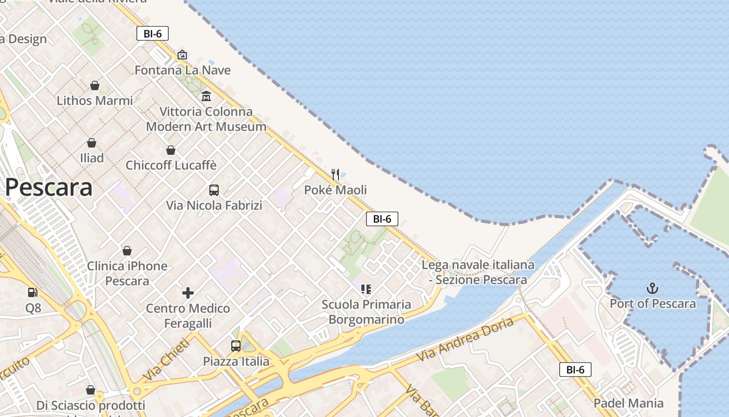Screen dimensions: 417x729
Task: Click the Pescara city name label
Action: (48, 188)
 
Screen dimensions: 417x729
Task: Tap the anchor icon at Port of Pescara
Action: (652, 288)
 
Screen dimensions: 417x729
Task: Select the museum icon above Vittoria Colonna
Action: (206, 96)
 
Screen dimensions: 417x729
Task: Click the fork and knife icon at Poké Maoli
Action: (335, 174)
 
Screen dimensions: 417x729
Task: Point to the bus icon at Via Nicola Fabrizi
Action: (214, 190)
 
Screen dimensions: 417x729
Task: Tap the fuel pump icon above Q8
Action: (33, 292)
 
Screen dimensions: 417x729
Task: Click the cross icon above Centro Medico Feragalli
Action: (188, 293)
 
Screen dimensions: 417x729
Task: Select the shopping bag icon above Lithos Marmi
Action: (95, 85)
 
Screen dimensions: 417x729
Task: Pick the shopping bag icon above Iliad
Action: (92, 143)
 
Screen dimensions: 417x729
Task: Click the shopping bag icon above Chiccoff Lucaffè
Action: (171, 150)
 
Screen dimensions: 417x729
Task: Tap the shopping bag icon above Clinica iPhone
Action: (127, 251)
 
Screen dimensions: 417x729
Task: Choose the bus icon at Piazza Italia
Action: (236, 346)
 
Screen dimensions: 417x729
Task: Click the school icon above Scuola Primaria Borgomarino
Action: (366, 289)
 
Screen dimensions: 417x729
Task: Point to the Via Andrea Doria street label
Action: (465, 339)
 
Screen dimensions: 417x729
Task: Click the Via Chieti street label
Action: (166, 359)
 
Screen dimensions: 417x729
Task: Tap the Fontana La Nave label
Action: (182, 70)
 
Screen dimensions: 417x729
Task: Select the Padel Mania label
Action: (629, 403)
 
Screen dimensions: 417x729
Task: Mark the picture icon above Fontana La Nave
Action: (182, 55)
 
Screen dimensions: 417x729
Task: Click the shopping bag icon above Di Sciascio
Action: (91, 390)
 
